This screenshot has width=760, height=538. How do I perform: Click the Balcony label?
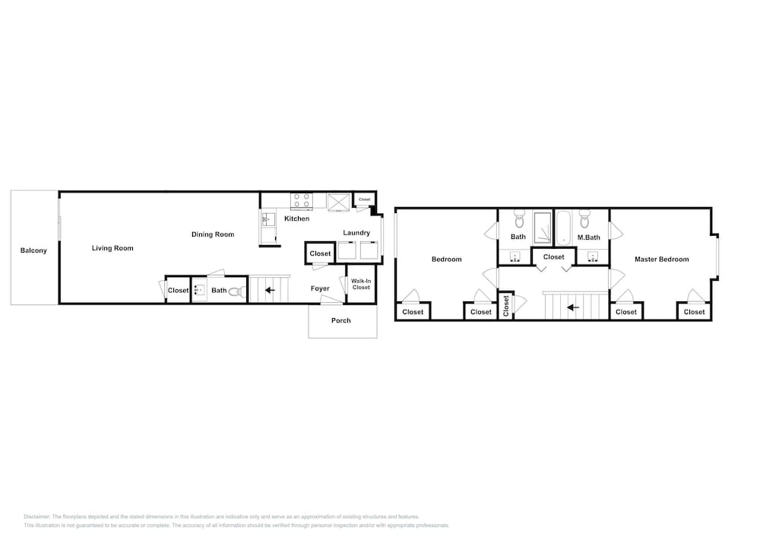33,250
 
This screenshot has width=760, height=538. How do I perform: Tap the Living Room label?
112,248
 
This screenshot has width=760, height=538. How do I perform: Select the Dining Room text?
213,234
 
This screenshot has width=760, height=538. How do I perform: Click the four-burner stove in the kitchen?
302,201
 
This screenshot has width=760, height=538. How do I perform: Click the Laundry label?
356,233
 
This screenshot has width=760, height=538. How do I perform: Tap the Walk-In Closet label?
361,285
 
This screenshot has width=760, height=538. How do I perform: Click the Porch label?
340,320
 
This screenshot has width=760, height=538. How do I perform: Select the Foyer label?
320,288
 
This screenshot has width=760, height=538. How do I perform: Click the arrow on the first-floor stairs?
270,290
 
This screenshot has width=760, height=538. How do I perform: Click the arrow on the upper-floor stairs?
573,307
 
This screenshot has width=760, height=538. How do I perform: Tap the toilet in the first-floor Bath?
236,291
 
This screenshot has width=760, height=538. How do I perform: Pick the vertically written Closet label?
506,307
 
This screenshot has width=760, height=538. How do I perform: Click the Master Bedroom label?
662,259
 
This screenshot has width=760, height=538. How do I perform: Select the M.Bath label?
588,237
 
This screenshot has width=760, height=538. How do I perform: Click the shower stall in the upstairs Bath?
543,228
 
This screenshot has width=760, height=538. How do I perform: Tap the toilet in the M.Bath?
584,219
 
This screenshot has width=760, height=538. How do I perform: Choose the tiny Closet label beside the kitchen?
365,199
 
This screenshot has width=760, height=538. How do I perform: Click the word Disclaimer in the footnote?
36,517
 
